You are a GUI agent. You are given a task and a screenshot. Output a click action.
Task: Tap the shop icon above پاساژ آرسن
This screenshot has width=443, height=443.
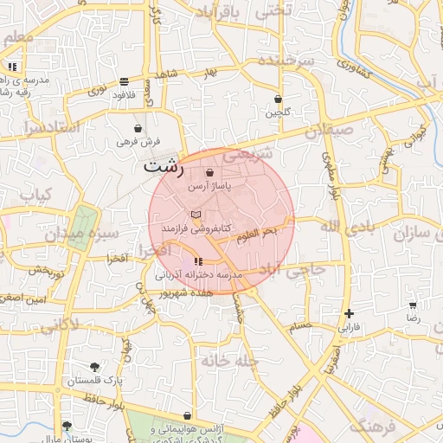(210, 172)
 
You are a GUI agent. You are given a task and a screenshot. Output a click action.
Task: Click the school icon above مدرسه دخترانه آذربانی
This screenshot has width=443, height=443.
(198, 260)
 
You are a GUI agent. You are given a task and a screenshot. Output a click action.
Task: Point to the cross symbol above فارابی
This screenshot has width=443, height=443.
(349, 313)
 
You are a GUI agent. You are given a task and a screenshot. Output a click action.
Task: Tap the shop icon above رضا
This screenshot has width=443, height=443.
(414, 305)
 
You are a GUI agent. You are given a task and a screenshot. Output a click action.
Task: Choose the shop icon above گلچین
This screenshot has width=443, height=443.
(278, 100)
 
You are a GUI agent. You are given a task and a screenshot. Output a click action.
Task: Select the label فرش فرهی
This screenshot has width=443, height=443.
(138, 140)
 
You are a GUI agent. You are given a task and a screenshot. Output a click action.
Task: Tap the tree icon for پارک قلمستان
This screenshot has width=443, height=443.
(93, 367)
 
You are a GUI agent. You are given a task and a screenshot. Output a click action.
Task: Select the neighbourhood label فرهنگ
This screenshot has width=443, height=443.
(374, 427)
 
